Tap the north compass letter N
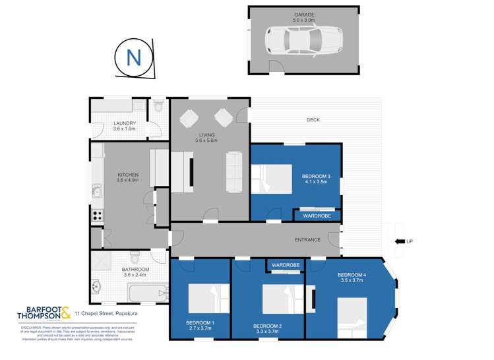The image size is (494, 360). (134, 58)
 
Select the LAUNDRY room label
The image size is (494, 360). (125, 123)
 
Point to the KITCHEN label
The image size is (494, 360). (127, 175)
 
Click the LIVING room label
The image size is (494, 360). (206, 135)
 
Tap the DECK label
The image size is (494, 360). (313, 120)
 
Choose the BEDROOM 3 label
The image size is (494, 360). (316, 176)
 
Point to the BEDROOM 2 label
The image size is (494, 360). (268, 326)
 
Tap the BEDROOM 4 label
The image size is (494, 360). (350, 275)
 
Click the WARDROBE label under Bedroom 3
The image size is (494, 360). (317, 216)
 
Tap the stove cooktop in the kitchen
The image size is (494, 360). (97, 214)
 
